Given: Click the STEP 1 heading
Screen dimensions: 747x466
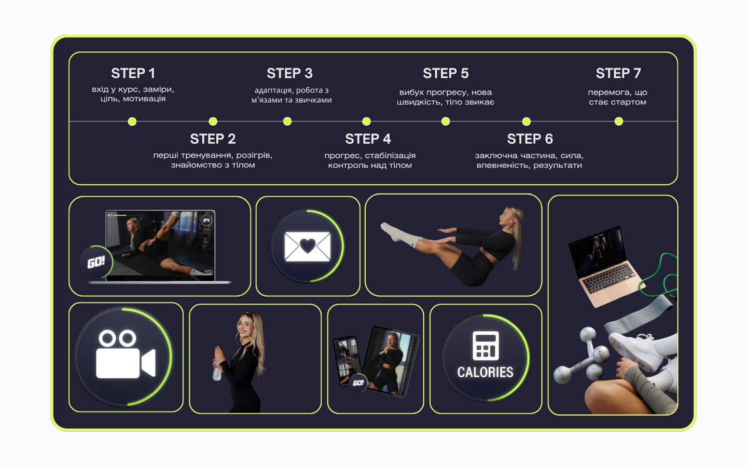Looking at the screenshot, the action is [x=133, y=73].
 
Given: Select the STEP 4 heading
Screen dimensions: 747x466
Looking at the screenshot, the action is [x=368, y=139].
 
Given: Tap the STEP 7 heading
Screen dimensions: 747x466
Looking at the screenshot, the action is [x=618, y=73].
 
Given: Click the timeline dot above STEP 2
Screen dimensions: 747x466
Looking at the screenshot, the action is [x=213, y=121].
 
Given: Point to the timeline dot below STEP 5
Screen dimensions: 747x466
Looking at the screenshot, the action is [x=446, y=121].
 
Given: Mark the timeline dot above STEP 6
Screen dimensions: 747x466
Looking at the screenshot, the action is [x=526, y=121].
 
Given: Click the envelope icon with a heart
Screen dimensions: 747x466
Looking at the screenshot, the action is [x=308, y=246].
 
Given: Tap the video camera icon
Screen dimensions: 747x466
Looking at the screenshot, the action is [x=126, y=354].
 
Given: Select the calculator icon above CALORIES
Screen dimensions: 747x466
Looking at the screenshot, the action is [x=486, y=346].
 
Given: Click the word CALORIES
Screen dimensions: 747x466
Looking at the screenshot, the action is [x=485, y=372].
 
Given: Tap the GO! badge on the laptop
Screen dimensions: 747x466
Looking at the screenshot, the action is [x=96, y=262].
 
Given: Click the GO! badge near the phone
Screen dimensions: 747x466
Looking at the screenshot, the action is [x=358, y=382].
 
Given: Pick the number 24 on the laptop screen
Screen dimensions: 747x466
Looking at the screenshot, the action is [x=206, y=220].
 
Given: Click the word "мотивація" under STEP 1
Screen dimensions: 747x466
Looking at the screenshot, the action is [x=144, y=99].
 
